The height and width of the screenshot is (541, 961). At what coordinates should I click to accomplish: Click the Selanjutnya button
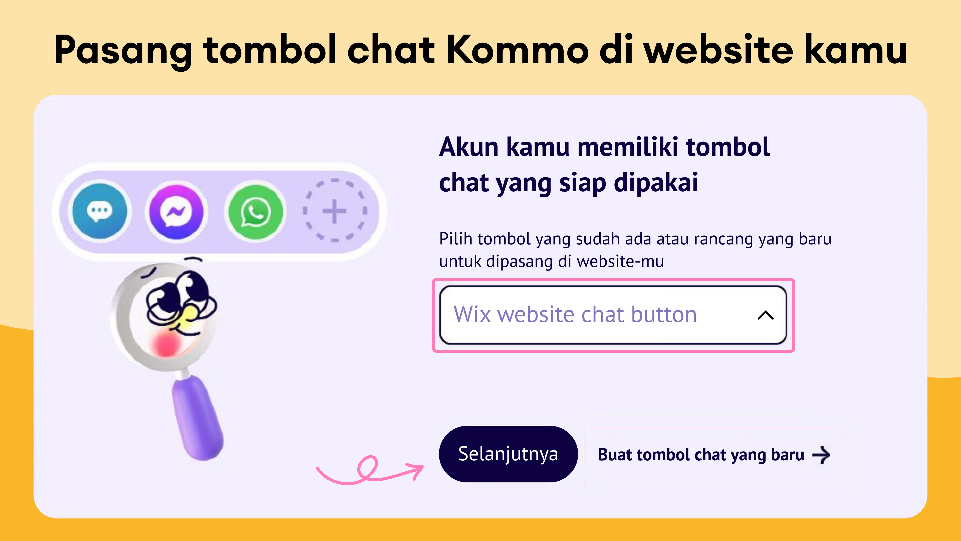pyautogui.click(x=508, y=454)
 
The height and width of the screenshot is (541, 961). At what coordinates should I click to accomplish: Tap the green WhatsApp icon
pyautogui.click(x=255, y=212)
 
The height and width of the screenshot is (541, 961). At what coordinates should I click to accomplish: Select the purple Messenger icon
pyautogui.click(x=176, y=212)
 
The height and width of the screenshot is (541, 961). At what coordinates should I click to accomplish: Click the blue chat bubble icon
pyautogui.click(x=100, y=211)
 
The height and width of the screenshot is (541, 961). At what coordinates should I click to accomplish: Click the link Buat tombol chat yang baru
pyautogui.click(x=701, y=455)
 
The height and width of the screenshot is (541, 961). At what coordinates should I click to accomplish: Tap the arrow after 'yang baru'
pyautogui.click(x=821, y=455)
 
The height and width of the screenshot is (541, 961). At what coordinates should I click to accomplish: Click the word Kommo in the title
pyautogui.click(x=517, y=50)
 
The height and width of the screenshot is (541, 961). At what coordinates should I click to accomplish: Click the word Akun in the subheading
pyautogui.click(x=468, y=147)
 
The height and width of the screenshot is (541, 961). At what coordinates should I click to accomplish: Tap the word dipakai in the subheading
pyautogui.click(x=656, y=183)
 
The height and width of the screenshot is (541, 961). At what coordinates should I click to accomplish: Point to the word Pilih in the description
pyautogui.click(x=455, y=239)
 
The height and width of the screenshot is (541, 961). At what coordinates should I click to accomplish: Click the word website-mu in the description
pyautogui.click(x=620, y=261)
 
